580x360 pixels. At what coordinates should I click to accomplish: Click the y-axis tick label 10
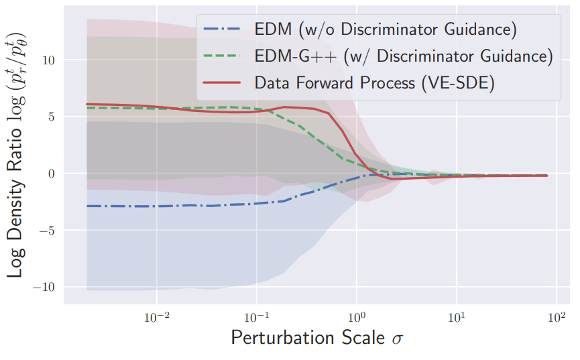tap(48, 60)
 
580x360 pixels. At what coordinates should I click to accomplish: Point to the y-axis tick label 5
tap(52, 117)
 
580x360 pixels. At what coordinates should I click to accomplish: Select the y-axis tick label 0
tap(52, 174)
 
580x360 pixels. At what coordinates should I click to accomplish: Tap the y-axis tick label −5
tap(47, 231)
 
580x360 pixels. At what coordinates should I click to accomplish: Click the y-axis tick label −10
tap(44, 287)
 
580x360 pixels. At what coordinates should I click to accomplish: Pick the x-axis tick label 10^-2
tap(157, 316)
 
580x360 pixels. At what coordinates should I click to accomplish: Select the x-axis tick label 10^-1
tap(257, 316)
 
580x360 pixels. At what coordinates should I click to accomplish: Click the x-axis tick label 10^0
tap(357, 316)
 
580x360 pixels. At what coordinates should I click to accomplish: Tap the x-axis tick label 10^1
tap(457, 316)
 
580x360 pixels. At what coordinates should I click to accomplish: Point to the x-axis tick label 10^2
tap(557, 316)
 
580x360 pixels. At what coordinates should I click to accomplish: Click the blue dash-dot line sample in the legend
tap(223, 29)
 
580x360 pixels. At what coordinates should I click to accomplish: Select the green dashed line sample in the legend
tap(223, 56)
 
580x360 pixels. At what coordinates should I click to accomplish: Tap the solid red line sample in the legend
tap(223, 82)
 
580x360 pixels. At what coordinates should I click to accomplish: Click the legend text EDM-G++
tap(296, 56)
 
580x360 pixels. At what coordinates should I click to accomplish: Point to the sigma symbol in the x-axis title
tap(397, 339)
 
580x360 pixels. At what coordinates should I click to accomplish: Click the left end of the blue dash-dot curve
tap(87, 206)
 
